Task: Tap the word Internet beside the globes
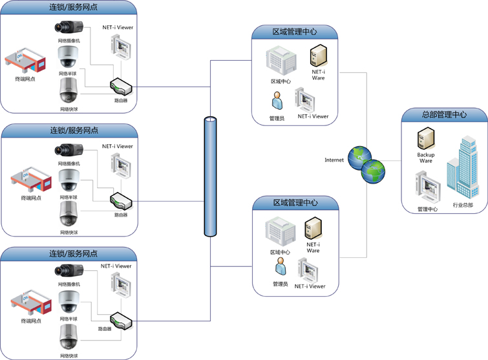334,160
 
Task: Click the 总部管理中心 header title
444,114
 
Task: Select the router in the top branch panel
121,85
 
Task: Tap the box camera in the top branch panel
69,27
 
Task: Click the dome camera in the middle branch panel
69,181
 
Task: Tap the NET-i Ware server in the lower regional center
313,228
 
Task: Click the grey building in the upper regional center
280,62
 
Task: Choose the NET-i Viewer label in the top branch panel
118,27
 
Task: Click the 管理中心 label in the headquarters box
427,209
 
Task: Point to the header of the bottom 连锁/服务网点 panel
74,253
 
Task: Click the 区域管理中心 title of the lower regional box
295,202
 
